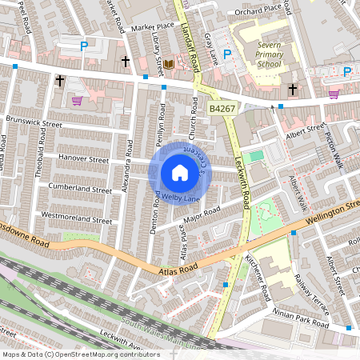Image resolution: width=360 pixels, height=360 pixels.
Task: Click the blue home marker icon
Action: [180, 173]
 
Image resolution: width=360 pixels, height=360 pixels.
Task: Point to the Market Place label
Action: [152, 26]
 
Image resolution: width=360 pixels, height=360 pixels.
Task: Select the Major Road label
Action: [201, 216]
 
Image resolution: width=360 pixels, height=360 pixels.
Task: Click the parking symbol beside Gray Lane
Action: [227, 55]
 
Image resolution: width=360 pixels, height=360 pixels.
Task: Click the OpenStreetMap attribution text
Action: [80, 354]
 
